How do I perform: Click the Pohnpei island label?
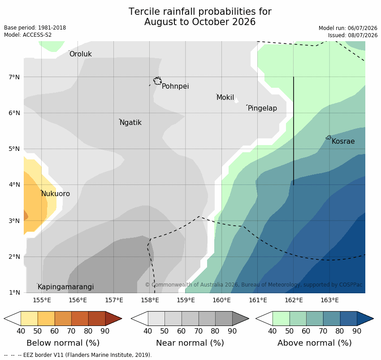[175, 86]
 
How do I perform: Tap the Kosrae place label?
[343, 141]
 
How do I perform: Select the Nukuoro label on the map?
[56, 194]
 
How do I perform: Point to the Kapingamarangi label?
[65, 287]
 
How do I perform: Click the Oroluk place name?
[81, 54]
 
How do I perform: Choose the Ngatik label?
[130, 123]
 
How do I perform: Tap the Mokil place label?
[225, 97]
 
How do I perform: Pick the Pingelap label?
[262, 108]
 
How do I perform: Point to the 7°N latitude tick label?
[14, 77]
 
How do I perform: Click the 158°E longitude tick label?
[150, 300]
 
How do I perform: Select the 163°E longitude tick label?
[330, 300]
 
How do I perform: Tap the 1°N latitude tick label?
[15, 292]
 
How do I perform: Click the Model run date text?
[348, 28]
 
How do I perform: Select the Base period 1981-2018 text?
[35, 28]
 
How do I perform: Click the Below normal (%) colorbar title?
[63, 343]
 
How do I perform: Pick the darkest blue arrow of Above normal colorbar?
[364, 318]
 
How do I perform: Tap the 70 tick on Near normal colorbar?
[198, 331]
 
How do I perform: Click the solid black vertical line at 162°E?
[294, 131]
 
